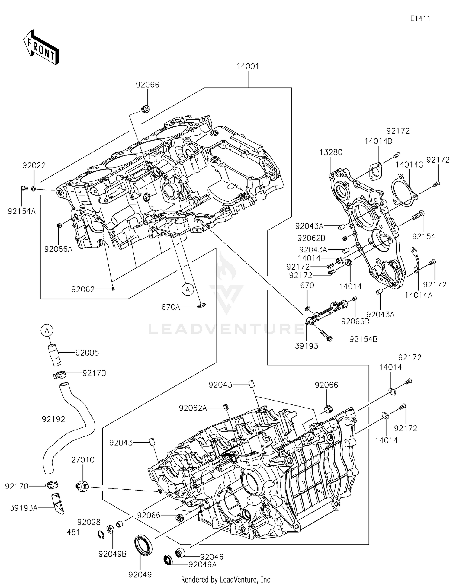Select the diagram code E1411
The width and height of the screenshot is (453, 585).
pyautogui.click(x=420, y=18)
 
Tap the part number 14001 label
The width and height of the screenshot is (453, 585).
pyautogui.click(x=248, y=66)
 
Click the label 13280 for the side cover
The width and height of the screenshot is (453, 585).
pyautogui.click(x=331, y=152)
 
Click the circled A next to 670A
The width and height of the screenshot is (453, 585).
pyautogui.click(x=188, y=289)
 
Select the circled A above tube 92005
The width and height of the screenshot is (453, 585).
pyautogui.click(x=47, y=331)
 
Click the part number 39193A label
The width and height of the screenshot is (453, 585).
pyautogui.click(x=24, y=508)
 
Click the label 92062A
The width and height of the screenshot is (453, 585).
pyautogui.click(x=193, y=408)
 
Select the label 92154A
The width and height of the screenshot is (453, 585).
pyautogui.click(x=21, y=211)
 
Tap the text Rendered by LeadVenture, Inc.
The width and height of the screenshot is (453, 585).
pyautogui.click(x=226, y=579)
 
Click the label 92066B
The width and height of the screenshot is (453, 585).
pyautogui.click(x=355, y=321)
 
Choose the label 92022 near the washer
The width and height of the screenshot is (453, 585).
pyautogui.click(x=34, y=165)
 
